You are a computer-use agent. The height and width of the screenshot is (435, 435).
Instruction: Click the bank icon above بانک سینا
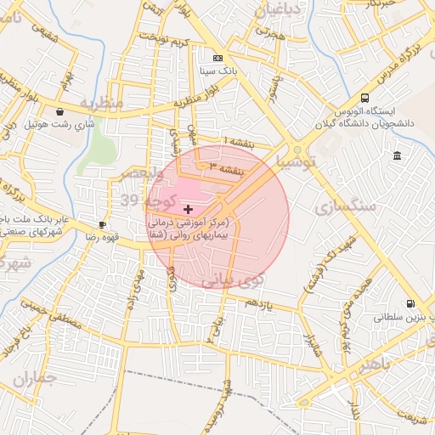click(x=218, y=58)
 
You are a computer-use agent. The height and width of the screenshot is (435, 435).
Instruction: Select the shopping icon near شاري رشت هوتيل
click(x=59, y=111)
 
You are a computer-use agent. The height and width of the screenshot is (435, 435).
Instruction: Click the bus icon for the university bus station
click(x=364, y=98)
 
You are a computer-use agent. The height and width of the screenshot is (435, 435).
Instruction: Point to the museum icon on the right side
click(x=397, y=155)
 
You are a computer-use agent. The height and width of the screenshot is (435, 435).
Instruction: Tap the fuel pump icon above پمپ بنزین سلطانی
click(x=411, y=303)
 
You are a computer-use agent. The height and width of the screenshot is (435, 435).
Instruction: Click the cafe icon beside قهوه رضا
click(x=103, y=225)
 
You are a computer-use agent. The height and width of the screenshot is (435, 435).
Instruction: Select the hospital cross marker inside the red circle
click(x=188, y=209)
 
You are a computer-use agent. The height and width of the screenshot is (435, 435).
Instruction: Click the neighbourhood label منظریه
click(x=102, y=103)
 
